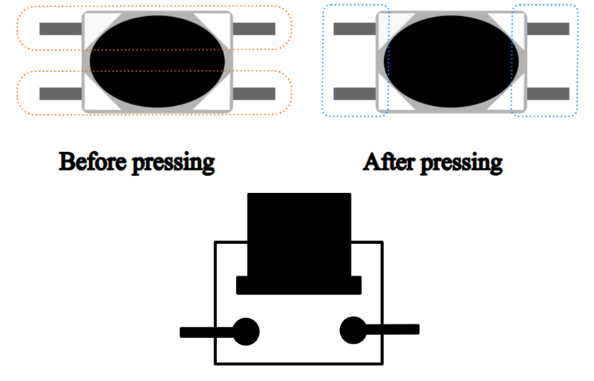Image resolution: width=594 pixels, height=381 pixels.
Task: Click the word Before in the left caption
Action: point(93,161)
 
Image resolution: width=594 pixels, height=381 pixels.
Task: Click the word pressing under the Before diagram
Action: point(173,163)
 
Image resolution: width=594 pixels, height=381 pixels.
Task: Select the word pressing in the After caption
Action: point(461,163)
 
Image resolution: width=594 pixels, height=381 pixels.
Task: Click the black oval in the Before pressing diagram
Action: point(157,61)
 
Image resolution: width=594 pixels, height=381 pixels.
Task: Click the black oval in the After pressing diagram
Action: point(451,61)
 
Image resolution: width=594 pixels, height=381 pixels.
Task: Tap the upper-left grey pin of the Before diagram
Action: point(61,29)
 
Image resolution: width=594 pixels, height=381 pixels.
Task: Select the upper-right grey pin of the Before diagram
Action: point(254,29)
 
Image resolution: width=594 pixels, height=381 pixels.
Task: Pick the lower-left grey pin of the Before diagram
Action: point(61,93)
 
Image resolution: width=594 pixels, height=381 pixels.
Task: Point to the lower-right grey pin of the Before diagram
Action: point(254,93)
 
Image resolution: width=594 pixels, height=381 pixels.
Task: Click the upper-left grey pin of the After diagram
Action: point(354,29)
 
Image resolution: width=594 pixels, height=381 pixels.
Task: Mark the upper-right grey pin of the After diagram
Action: point(548,29)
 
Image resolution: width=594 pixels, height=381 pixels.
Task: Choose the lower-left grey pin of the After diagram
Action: point(354,93)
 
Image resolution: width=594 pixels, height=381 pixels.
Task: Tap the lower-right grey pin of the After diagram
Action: point(548,93)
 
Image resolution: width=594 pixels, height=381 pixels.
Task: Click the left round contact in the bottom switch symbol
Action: point(246,332)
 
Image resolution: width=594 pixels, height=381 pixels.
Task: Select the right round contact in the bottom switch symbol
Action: point(354,330)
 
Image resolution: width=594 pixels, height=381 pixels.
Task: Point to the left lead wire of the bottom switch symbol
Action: point(206,332)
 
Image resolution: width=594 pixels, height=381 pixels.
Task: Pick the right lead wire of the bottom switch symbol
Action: point(392,329)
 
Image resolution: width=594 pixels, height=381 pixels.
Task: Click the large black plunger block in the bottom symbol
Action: point(299,235)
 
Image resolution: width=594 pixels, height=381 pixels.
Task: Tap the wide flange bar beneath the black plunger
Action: point(299,285)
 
